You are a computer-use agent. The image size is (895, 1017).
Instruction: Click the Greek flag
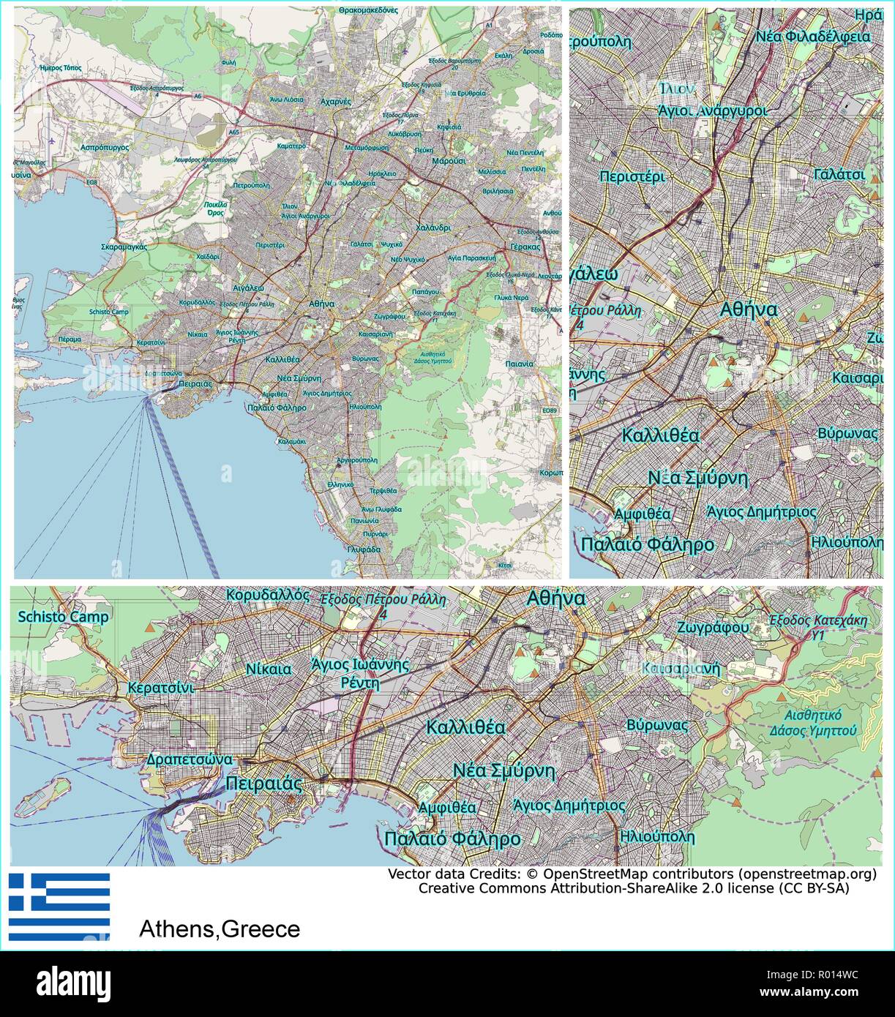59,906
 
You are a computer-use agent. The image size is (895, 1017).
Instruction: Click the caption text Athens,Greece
220,929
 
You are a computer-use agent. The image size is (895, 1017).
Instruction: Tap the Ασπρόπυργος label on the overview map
100,146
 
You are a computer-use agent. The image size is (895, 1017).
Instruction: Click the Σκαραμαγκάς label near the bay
124,247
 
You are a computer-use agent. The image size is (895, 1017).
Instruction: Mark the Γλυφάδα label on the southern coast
364,549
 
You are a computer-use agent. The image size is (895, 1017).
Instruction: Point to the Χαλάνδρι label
433,228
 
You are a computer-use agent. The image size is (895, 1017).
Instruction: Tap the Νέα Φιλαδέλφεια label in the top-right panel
812,36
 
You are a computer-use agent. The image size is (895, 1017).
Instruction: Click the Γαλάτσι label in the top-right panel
839,174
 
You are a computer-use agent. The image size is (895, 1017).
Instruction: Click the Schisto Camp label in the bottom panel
63,617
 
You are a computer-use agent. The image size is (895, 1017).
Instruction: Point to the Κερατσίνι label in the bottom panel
160,688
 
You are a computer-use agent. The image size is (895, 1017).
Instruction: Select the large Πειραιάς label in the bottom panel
264,784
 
